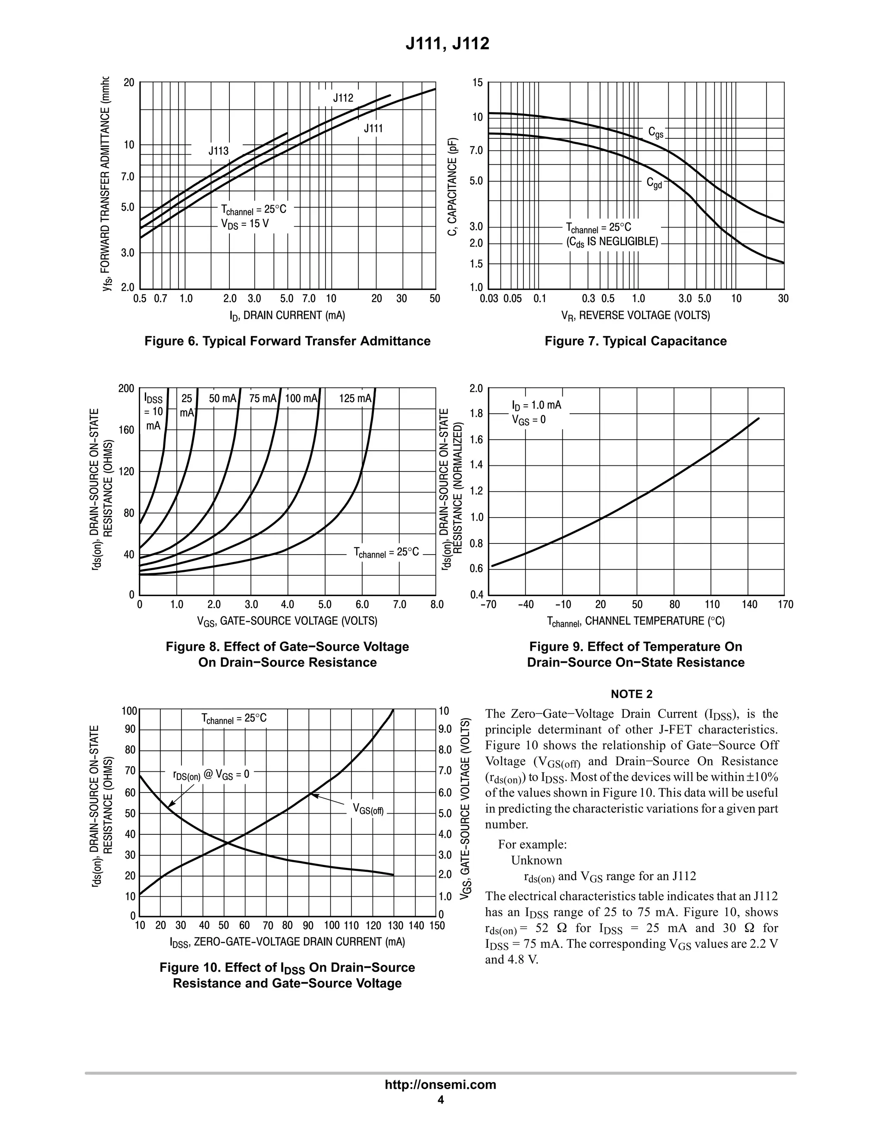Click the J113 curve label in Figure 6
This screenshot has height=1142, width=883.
219,151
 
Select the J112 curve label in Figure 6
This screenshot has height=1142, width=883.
343,98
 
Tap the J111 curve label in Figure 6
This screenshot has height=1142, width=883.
373,128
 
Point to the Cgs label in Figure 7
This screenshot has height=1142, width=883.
655,133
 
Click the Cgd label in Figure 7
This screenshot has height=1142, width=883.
654,183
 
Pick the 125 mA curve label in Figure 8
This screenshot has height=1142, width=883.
355,399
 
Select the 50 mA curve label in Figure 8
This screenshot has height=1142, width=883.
223,399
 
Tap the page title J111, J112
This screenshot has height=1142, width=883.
447,44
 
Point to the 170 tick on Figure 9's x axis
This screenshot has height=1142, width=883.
785,605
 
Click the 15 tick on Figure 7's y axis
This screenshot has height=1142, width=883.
477,83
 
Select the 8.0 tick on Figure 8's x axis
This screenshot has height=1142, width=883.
436,605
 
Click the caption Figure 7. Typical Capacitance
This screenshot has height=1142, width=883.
636,341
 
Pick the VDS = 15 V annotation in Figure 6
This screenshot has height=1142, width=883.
245,224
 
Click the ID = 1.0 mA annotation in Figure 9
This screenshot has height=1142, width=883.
536,405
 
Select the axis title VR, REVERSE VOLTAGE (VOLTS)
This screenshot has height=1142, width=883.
636,315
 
